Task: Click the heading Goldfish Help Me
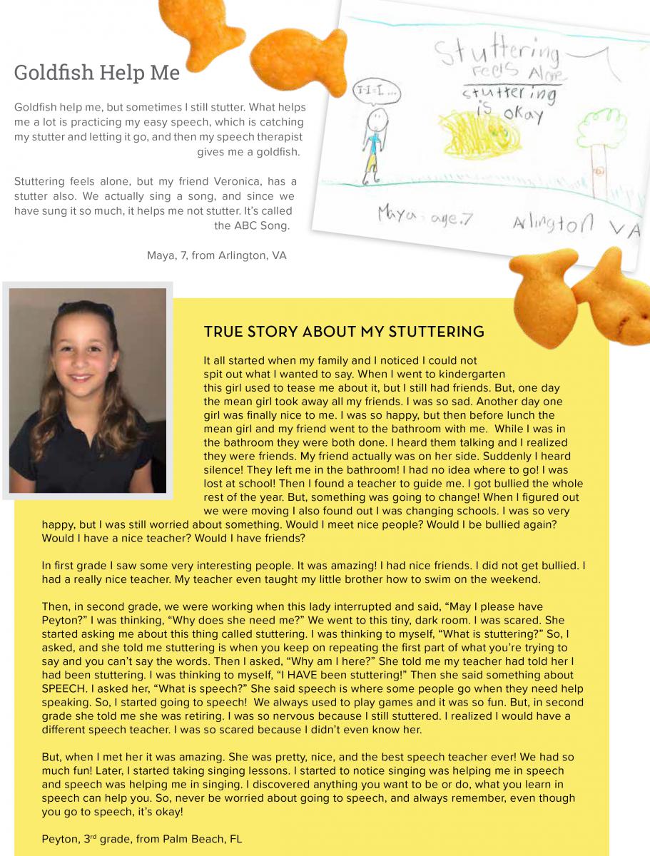point(97,73)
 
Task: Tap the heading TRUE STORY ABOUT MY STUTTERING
point(344,332)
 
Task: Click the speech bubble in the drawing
point(376,93)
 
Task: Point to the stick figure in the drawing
point(372,143)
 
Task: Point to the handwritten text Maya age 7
point(424,215)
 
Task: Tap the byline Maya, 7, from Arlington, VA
point(216,255)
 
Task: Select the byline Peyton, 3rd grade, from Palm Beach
point(142,839)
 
